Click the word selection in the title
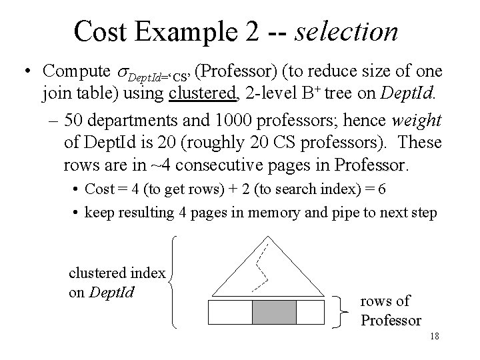click(348, 31)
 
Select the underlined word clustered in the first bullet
click(203, 93)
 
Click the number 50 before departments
click(75, 121)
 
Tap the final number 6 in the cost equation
click(381, 189)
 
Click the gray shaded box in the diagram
click(273, 313)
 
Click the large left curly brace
click(175, 281)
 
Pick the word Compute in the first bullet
click(75, 71)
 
